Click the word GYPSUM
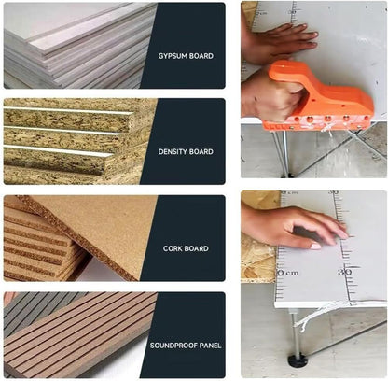173,56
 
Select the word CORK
172,248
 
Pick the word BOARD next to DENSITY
201,151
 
